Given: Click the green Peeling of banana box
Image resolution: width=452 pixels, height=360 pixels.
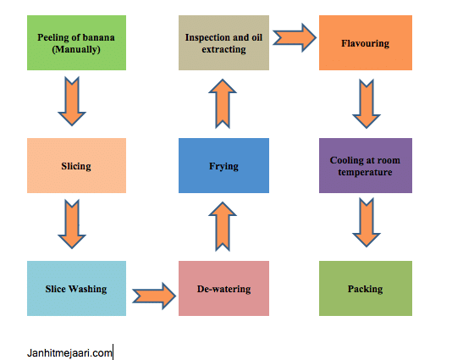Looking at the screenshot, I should coord(76,42).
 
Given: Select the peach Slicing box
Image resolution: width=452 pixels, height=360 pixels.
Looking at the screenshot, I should coord(76,166).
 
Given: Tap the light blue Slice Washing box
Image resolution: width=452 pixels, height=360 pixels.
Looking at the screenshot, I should coord(76,288).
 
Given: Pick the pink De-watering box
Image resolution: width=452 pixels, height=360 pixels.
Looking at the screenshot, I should coord(223,288).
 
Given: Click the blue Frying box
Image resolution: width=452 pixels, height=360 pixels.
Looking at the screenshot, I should coord(223,166).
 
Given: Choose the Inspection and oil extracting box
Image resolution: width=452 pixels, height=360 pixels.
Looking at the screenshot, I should coord(223,42).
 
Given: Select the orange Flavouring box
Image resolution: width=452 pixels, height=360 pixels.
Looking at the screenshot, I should coord(365,42).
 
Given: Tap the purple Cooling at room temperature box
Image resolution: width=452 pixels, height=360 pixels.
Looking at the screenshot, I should coord(365,166).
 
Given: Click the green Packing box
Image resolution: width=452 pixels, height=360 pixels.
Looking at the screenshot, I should coord(365,288).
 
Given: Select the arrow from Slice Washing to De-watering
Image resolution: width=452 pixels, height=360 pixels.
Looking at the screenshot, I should coord(152,295).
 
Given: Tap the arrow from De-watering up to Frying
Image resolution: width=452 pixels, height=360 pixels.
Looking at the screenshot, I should coord(221,227).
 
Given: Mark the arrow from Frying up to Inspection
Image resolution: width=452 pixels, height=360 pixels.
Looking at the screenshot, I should coord(221,103).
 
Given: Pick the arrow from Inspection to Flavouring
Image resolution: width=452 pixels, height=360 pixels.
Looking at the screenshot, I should coord(294,36).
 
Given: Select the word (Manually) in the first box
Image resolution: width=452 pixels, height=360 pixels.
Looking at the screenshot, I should coord(76,48).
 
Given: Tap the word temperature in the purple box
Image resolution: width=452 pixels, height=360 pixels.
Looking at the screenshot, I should coord(365,172).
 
